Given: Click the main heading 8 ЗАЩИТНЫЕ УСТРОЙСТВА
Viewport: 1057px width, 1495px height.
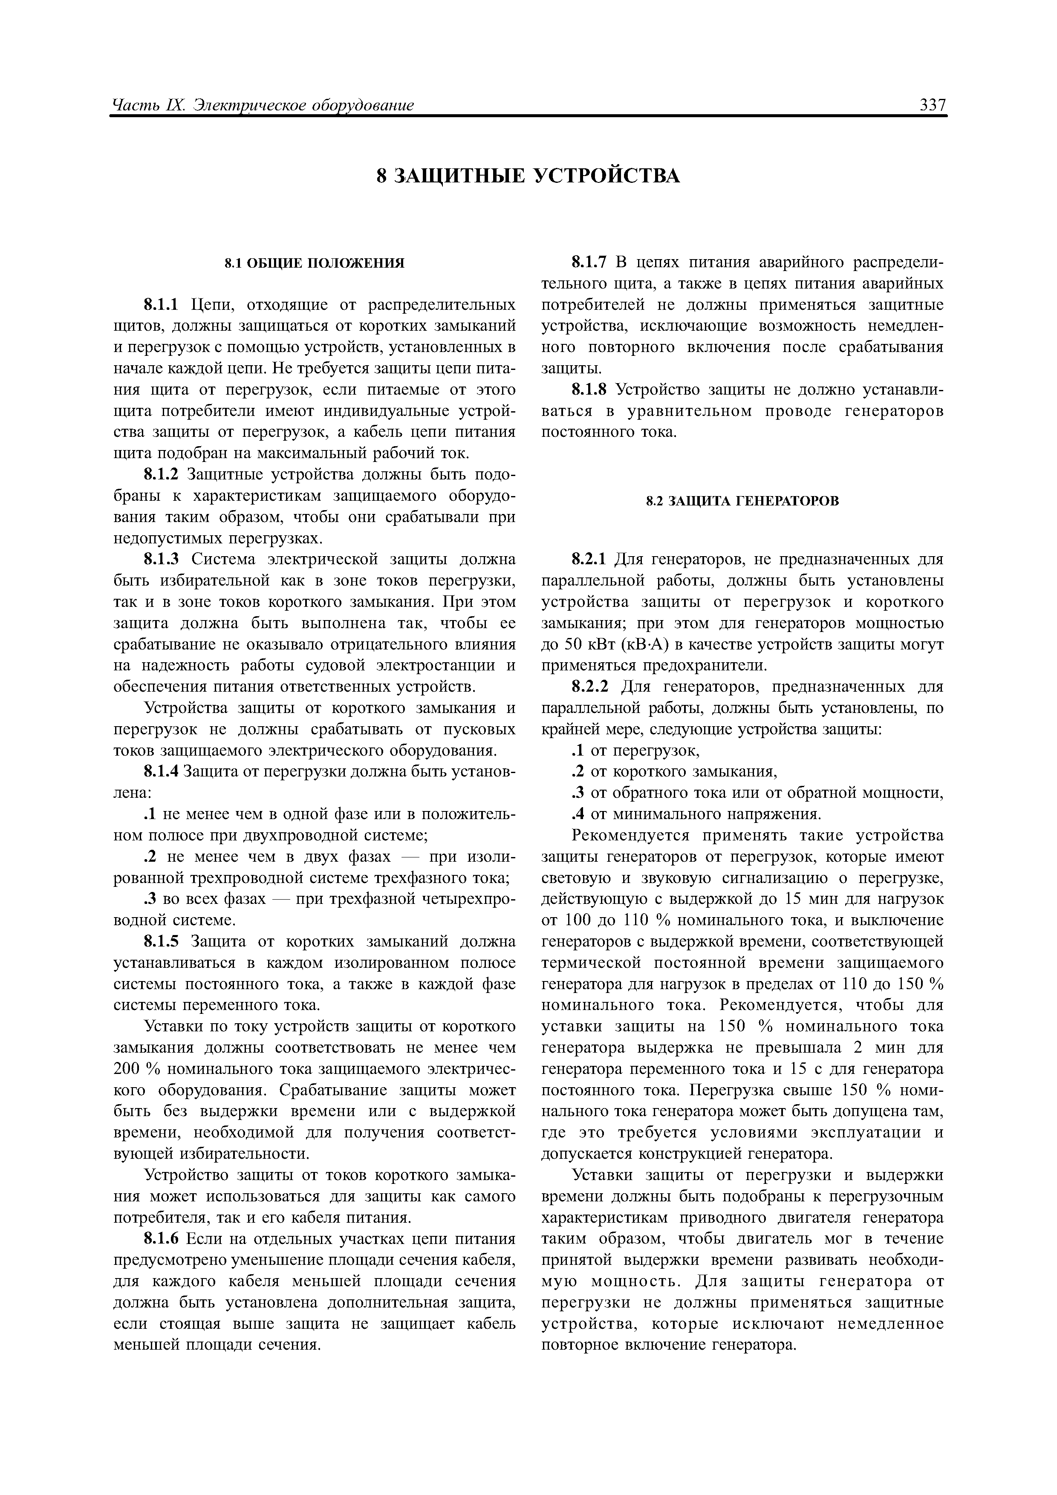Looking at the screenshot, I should pyautogui.click(x=528, y=176).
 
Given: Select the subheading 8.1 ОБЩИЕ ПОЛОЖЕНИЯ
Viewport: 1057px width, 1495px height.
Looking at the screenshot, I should pyautogui.click(x=315, y=263).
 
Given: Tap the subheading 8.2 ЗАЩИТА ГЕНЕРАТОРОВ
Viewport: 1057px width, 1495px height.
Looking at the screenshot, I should pyautogui.click(x=742, y=501).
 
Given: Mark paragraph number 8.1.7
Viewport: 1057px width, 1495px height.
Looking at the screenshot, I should pyautogui.click(x=589, y=263).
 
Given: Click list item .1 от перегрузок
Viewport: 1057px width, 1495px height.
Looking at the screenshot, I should pyautogui.click(x=635, y=751).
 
